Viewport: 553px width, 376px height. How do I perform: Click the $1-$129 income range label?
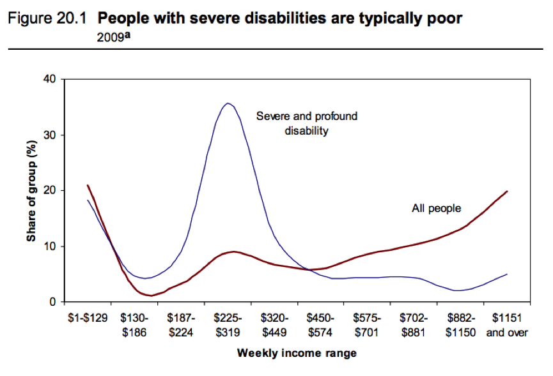(88, 317)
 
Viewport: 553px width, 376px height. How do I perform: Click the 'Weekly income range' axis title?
(297, 352)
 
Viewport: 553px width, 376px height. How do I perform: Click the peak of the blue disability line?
(228, 103)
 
